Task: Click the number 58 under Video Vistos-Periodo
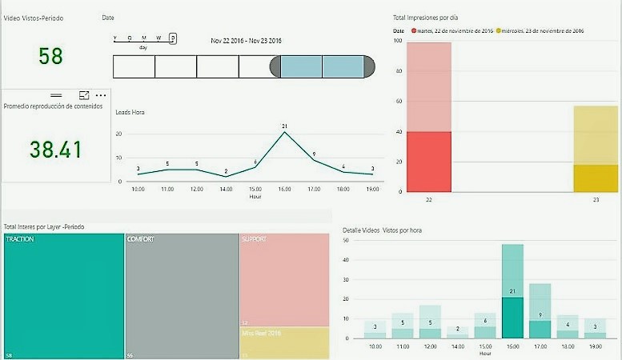pyautogui.click(x=50, y=56)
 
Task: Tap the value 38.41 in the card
pyautogui.click(x=56, y=149)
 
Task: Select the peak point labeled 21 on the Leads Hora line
pyautogui.click(x=284, y=133)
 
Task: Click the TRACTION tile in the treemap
pyautogui.click(x=64, y=296)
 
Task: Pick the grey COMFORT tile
pyautogui.click(x=182, y=296)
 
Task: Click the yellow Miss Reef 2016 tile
pyautogui.click(x=284, y=342)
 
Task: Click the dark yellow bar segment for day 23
pyautogui.click(x=596, y=178)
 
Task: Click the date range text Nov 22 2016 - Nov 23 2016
pyautogui.click(x=251, y=41)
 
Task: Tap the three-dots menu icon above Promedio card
pyautogui.click(x=101, y=95)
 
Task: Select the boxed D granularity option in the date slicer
pyautogui.click(x=173, y=38)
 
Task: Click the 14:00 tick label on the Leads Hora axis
pyautogui.click(x=226, y=190)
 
